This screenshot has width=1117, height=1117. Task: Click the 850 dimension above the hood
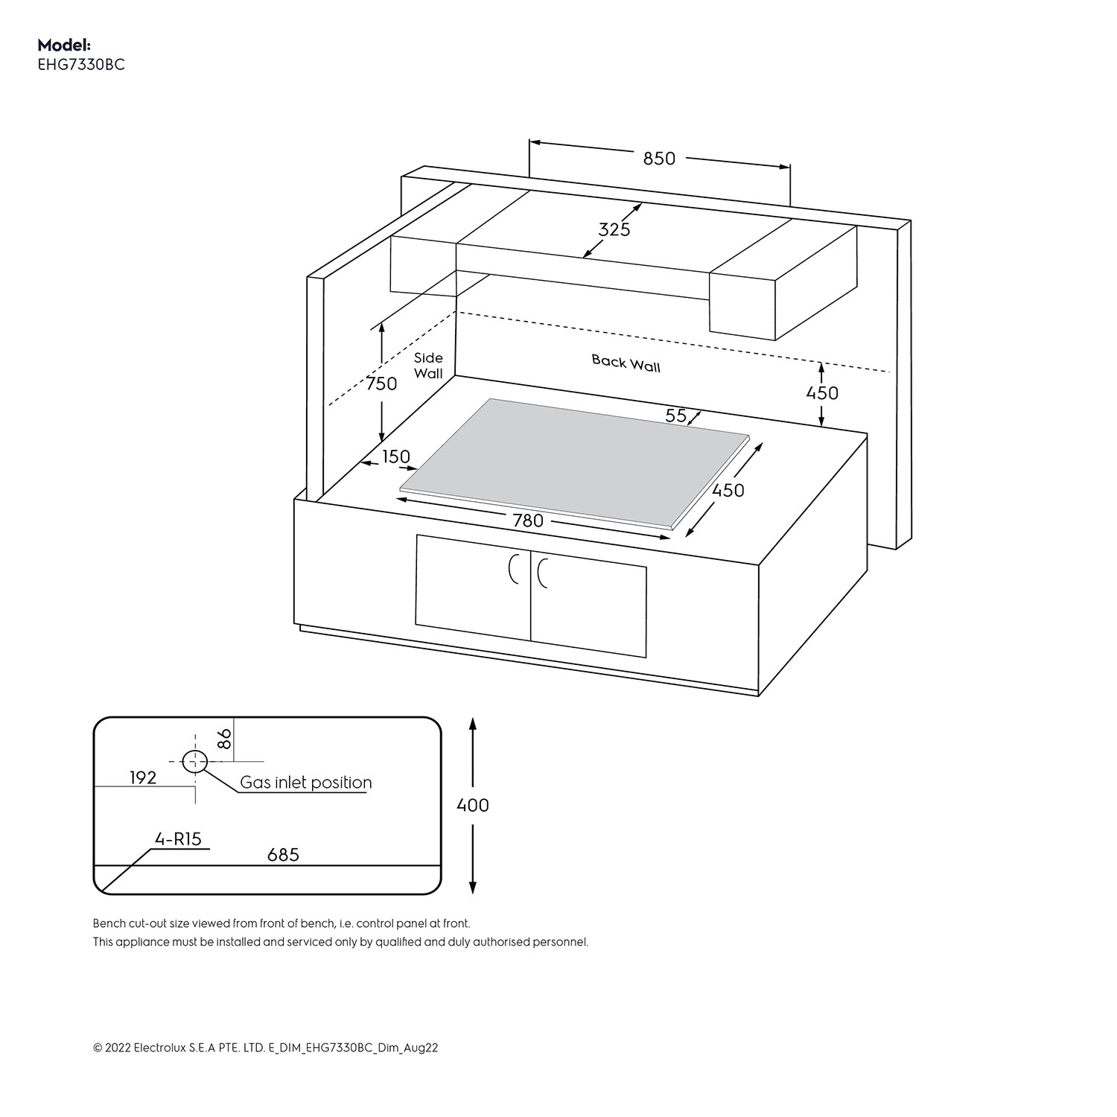[x=659, y=159]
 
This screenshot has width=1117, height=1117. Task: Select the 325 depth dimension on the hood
[x=614, y=229]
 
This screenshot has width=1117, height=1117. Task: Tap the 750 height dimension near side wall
[x=381, y=384]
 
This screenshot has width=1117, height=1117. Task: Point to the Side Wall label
[x=428, y=366]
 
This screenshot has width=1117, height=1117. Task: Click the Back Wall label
[x=626, y=363]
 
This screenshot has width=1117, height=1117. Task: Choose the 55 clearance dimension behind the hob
[x=675, y=416]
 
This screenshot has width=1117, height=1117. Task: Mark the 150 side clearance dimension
[x=396, y=456]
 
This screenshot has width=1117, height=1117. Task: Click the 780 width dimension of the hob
[x=528, y=521]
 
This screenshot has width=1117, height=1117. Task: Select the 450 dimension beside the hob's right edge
[x=728, y=490]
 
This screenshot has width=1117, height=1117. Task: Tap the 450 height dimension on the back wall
[x=822, y=393]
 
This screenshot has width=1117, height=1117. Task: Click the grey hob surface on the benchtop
[x=573, y=462]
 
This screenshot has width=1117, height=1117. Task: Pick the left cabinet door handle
[x=512, y=570]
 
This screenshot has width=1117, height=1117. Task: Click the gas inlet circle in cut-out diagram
[x=195, y=761]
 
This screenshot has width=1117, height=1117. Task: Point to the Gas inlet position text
[x=305, y=783]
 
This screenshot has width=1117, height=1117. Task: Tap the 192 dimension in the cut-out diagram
[x=143, y=777]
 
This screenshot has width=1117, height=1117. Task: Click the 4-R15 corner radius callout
[x=178, y=839]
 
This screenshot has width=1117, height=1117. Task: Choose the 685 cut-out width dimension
[x=283, y=855]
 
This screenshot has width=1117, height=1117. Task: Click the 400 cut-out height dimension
[x=473, y=805]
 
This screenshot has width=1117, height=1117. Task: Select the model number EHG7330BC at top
[x=81, y=65]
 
